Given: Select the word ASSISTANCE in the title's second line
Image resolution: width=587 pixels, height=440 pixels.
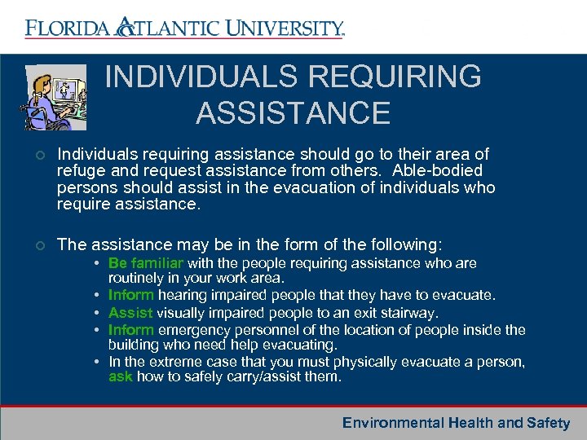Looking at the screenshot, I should pyautogui.click(x=293, y=113).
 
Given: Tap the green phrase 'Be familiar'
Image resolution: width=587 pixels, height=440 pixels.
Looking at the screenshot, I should pyautogui.click(x=146, y=264).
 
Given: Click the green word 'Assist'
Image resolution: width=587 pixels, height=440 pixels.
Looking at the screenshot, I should pyautogui.click(x=130, y=313).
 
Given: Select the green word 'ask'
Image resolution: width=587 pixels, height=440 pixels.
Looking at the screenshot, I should pyautogui.click(x=121, y=377).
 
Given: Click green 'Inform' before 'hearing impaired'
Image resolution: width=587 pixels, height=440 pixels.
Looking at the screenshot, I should pyautogui.click(x=131, y=295).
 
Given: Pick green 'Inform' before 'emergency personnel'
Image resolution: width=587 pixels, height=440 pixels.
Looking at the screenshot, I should pyautogui.click(x=131, y=330).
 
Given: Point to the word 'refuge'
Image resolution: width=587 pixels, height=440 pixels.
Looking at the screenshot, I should pyautogui.click(x=81, y=171).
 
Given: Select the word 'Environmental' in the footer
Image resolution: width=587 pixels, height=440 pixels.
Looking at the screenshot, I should pyautogui.click(x=392, y=423).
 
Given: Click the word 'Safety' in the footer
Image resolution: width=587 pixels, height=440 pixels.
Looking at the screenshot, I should pyautogui.click(x=549, y=423).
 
